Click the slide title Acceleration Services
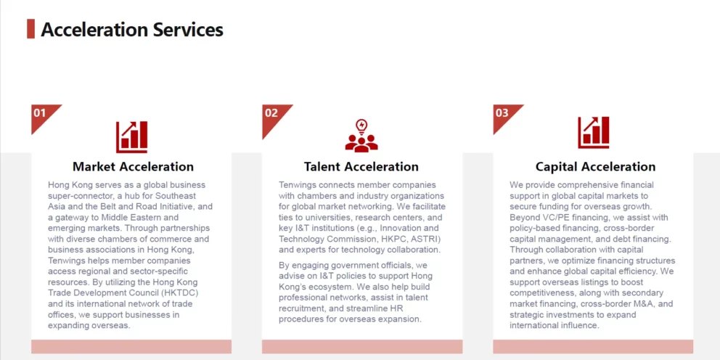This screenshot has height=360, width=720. [x=132, y=29]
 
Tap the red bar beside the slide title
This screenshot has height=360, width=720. [x=30, y=29]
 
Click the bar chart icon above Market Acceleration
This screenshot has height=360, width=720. [x=132, y=137]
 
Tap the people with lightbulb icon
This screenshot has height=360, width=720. [x=362, y=136]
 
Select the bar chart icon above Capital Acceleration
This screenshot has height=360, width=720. [x=593, y=133]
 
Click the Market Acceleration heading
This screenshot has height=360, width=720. [x=133, y=166]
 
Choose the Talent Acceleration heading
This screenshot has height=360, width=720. [x=361, y=166]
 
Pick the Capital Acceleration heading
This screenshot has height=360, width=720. [x=596, y=166]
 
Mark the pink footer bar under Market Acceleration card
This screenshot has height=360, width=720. [x=131, y=347]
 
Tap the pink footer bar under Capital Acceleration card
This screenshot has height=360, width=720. [x=593, y=347]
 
